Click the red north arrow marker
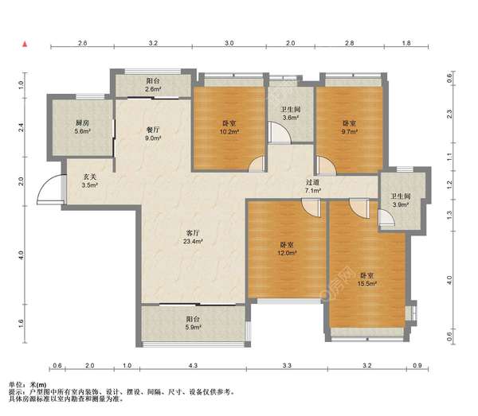point(25,45)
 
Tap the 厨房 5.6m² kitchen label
point(83,127)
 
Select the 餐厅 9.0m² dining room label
point(153,134)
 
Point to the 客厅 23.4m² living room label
point(193,237)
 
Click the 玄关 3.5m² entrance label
point(90,181)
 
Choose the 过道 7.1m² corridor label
point(313,186)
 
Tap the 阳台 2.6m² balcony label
point(153,85)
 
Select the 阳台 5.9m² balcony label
point(193,323)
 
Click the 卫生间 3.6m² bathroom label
point(291,113)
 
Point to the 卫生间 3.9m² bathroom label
point(401,200)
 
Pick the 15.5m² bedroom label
point(367,280)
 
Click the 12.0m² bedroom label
point(287,249)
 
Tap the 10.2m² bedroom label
point(229,127)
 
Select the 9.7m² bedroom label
point(350,127)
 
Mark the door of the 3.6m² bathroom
point(280,132)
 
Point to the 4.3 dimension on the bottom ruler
point(193,365)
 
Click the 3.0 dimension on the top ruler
point(229,43)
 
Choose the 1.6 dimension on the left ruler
point(21,324)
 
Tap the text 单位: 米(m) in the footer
point(28,385)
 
